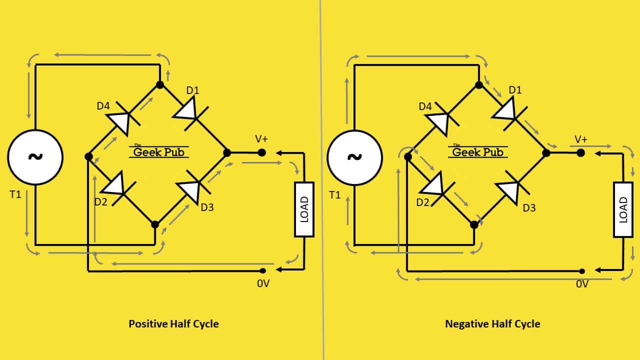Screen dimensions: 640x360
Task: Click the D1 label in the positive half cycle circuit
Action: click(193, 90)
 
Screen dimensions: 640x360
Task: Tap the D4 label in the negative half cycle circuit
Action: click(425, 106)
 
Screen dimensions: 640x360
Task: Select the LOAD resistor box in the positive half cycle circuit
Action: click(304, 209)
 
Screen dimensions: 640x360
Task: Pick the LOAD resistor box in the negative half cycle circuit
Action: click(623, 209)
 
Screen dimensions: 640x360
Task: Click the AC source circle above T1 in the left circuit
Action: click(35, 157)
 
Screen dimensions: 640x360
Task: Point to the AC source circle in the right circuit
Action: click(354, 157)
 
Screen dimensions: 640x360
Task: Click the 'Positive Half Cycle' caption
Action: click(173, 324)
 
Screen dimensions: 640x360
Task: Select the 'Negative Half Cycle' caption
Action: click(492, 324)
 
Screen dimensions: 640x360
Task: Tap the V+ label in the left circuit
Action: click(261, 139)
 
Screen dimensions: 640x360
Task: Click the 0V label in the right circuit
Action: click(582, 284)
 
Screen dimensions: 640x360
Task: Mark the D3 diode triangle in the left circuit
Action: click(189, 191)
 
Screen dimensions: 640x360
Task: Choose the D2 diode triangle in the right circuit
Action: click(433, 184)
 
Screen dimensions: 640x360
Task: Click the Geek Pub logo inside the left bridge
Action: click(158, 151)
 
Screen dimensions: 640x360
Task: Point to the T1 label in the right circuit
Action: click(335, 195)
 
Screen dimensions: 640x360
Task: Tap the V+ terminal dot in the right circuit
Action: click(580, 153)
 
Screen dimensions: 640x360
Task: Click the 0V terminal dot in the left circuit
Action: click(263, 270)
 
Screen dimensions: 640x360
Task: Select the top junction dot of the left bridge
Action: click(160, 84)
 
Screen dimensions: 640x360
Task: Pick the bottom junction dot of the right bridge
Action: click(474, 225)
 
